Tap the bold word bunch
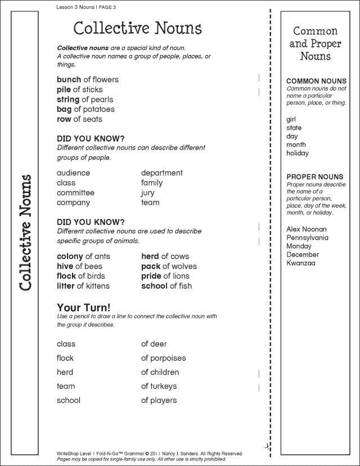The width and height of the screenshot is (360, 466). pos(69,79)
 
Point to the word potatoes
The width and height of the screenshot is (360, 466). pos(98,109)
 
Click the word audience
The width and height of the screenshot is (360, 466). pos(73,173)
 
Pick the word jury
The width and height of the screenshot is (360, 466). pos(148,193)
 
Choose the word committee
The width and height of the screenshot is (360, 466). pos(75,192)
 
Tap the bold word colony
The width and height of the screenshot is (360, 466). pos(70,257)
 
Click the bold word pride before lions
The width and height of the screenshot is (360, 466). pos(151,276)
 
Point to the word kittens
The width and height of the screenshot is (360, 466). pos(95,286)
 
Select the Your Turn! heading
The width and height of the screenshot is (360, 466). pos(84,307)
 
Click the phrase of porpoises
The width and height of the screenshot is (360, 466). pos(163,358)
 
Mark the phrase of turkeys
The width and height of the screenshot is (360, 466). pos(159,386)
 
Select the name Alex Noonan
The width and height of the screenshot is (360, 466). pos(306,229)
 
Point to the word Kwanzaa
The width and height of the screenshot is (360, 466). pos(301,263)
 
